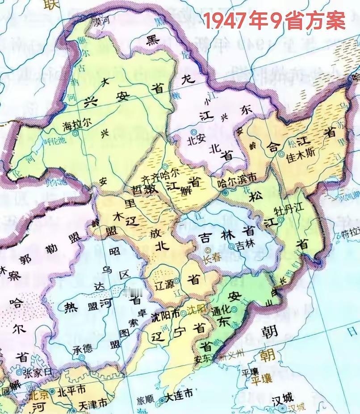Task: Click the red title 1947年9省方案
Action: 274,21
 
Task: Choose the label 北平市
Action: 71,390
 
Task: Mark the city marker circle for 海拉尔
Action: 75,133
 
